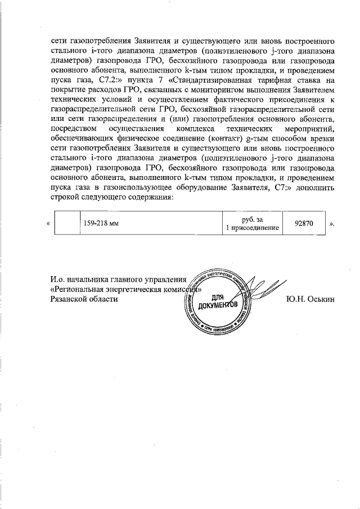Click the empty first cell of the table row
tap(67, 223)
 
